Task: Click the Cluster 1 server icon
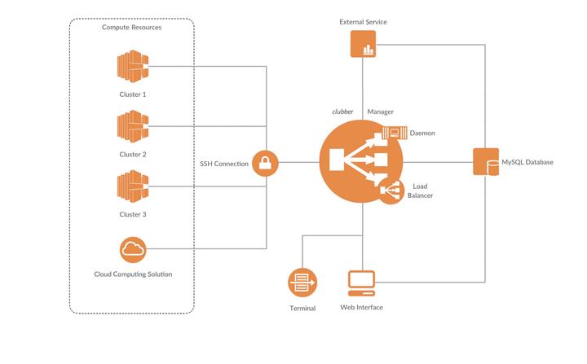[x=133, y=66]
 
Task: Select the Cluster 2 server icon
[x=133, y=126]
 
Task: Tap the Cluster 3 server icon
[x=133, y=186]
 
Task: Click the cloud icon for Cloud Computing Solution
[x=133, y=249]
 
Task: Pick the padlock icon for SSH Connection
[x=265, y=163]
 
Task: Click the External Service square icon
[x=363, y=44]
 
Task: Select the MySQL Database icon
[x=486, y=161]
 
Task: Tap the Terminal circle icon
[x=302, y=283]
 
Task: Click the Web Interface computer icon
[x=362, y=283]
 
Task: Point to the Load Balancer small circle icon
[x=391, y=191]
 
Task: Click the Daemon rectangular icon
[x=395, y=133]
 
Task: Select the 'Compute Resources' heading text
[x=132, y=28]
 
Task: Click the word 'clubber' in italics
[x=342, y=112]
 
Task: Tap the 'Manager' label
[x=381, y=112]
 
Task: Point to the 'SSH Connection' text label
[x=224, y=164]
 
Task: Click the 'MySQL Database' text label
[x=527, y=162]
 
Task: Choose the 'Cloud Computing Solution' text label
[x=133, y=274]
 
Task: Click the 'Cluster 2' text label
[x=133, y=154]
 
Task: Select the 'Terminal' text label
[x=302, y=309]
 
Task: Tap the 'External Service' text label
[x=363, y=22]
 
